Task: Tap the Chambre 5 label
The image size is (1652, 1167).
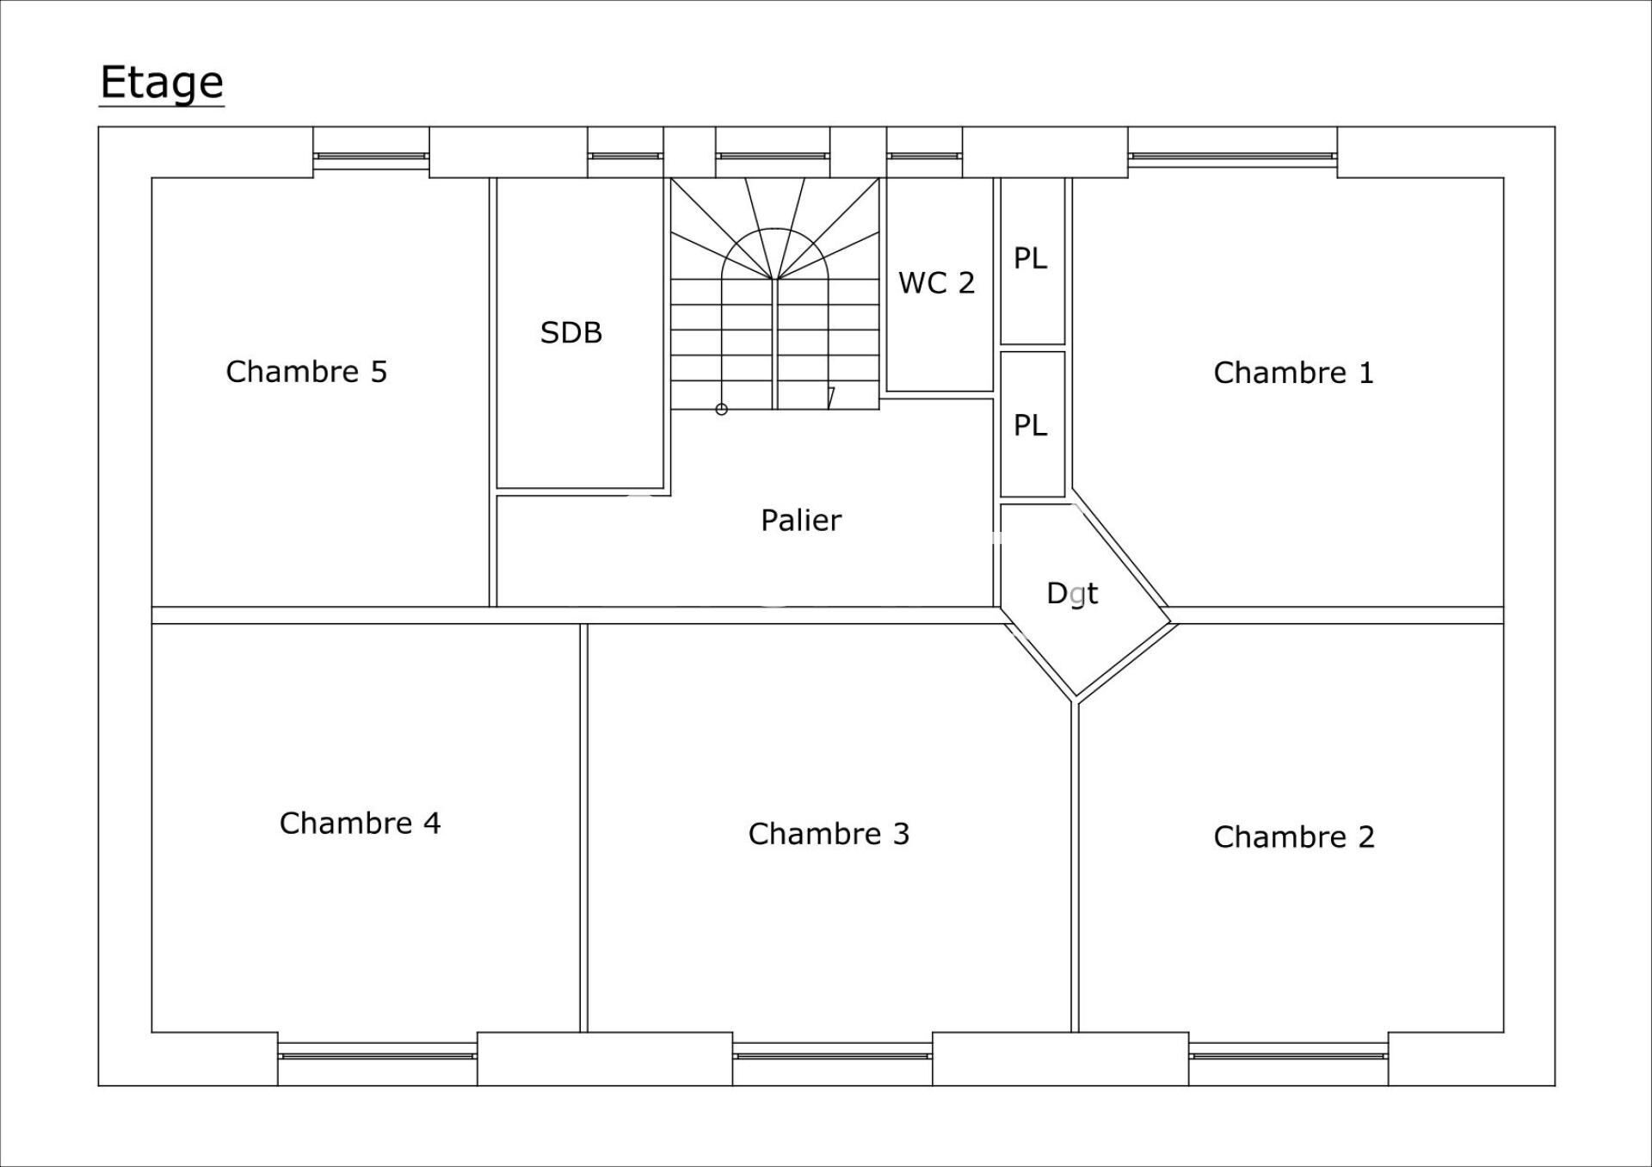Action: (306, 372)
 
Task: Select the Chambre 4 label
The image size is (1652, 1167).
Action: (360, 824)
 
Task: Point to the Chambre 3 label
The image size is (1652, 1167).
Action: (829, 834)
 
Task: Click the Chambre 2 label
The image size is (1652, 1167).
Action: (1294, 837)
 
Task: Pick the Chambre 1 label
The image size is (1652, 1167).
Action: (1293, 373)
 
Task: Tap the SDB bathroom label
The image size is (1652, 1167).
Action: (571, 333)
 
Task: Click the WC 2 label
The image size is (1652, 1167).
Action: (936, 283)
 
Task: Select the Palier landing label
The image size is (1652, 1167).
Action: (801, 520)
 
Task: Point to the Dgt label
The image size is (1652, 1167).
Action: (1072, 593)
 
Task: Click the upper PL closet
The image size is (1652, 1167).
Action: (1032, 261)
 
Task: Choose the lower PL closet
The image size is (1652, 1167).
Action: (1032, 424)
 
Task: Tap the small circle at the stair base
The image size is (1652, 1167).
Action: (722, 410)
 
